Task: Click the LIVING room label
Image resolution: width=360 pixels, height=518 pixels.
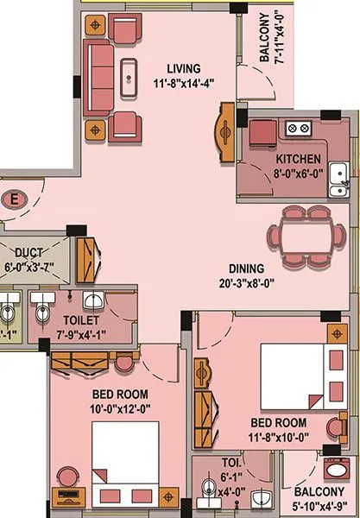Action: [183, 68]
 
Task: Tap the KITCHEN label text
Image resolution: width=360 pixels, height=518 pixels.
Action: [299, 159]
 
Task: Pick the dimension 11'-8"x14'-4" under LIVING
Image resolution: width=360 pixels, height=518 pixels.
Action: [183, 83]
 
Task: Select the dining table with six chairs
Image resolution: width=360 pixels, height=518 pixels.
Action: [299, 236]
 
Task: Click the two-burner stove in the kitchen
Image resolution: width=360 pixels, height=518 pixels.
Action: [298, 129]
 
